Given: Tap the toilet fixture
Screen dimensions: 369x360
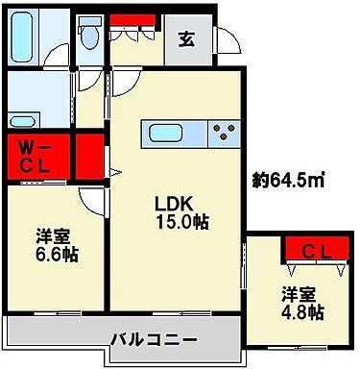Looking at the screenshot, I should click(91, 37).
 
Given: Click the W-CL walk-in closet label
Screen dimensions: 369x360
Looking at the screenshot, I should click(36, 157).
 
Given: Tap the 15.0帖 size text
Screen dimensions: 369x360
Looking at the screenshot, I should click(182, 221).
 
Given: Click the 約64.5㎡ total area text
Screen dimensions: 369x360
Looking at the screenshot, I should click(287, 180).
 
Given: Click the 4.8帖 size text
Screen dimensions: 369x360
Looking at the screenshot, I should click(302, 312).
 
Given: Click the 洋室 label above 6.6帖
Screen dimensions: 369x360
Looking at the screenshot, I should click(54, 236).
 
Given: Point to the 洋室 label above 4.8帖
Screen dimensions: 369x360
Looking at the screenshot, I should click(299, 293).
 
